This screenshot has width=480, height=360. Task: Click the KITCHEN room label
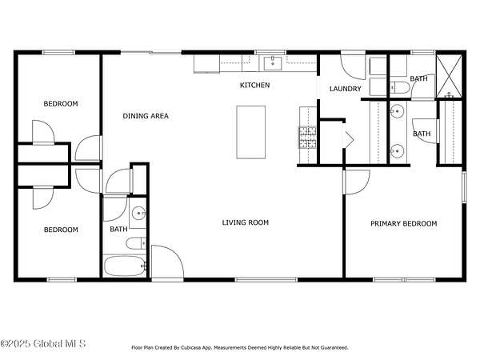[254, 85]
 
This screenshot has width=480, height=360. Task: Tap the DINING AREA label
[146, 116]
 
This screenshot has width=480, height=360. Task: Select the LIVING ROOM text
[246, 222]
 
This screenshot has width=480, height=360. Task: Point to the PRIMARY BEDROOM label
[404, 224]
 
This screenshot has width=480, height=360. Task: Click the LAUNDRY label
[346, 89]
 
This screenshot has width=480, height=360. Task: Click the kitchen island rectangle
[251, 132]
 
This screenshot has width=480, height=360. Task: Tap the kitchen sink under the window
[273, 63]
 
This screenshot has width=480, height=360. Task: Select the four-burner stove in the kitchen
[307, 137]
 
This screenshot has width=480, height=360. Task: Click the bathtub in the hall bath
[125, 266]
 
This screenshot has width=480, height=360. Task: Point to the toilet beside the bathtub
[137, 243]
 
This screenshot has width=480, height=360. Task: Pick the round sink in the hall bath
[138, 213]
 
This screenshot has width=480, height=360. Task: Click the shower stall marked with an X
[449, 76]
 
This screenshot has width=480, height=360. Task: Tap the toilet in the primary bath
[400, 87]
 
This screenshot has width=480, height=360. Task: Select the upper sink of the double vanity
[397, 111]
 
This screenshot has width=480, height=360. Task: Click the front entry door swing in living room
[167, 263]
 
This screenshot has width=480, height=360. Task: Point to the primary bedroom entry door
[357, 182]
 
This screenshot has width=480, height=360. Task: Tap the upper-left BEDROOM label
[61, 104]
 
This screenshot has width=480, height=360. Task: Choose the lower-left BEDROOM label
[61, 230]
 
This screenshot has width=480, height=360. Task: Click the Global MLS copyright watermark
[43, 344]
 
